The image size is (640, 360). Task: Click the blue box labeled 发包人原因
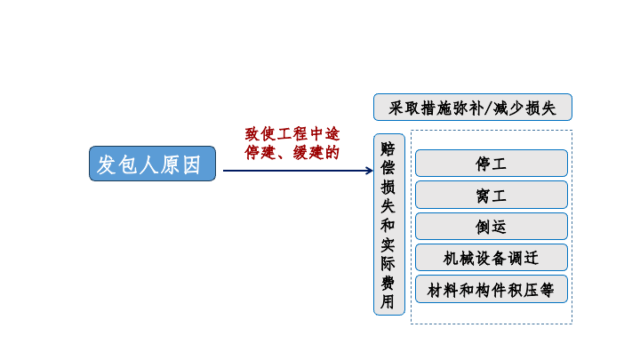(x=152, y=164)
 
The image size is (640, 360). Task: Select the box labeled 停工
(x=492, y=164)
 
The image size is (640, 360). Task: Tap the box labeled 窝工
(x=492, y=195)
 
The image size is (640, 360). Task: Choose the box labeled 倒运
(x=492, y=226)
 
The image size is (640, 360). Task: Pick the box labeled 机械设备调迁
(x=492, y=258)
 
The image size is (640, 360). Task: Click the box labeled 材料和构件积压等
(x=492, y=290)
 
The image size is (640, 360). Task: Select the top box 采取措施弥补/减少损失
(x=473, y=108)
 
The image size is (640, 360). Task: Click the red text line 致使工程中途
(x=292, y=134)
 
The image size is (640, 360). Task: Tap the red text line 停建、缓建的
(x=292, y=153)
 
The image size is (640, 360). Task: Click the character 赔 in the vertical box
(x=388, y=149)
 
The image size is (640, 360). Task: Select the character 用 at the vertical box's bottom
(x=388, y=301)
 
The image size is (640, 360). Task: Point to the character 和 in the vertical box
(x=388, y=225)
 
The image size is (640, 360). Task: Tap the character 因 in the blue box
(x=192, y=165)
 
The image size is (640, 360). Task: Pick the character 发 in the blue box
(x=106, y=165)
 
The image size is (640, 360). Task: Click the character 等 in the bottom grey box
(x=547, y=290)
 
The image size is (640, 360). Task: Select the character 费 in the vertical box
(x=388, y=283)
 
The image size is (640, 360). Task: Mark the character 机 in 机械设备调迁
(x=451, y=259)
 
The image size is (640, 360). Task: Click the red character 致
(x=252, y=134)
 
